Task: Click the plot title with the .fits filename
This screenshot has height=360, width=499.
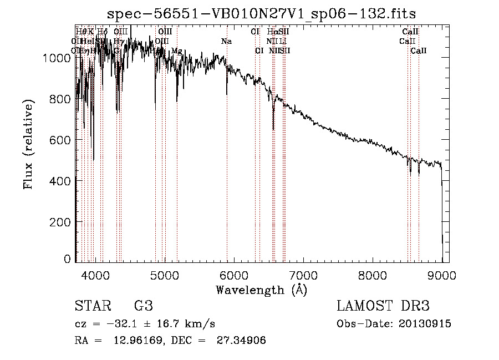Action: [x=261, y=13]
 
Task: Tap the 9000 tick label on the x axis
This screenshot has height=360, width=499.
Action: [x=442, y=274]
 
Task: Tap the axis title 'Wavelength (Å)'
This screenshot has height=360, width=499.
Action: [x=261, y=290]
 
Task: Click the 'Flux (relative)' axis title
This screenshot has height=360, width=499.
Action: [x=28, y=144]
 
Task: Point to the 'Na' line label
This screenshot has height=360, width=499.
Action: [x=226, y=42]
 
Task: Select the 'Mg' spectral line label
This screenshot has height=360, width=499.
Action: [x=176, y=51]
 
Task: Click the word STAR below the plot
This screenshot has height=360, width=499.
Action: [x=92, y=307]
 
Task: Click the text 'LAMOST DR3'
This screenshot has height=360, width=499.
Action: [x=383, y=307]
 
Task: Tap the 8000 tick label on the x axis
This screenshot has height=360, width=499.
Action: [x=372, y=274]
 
